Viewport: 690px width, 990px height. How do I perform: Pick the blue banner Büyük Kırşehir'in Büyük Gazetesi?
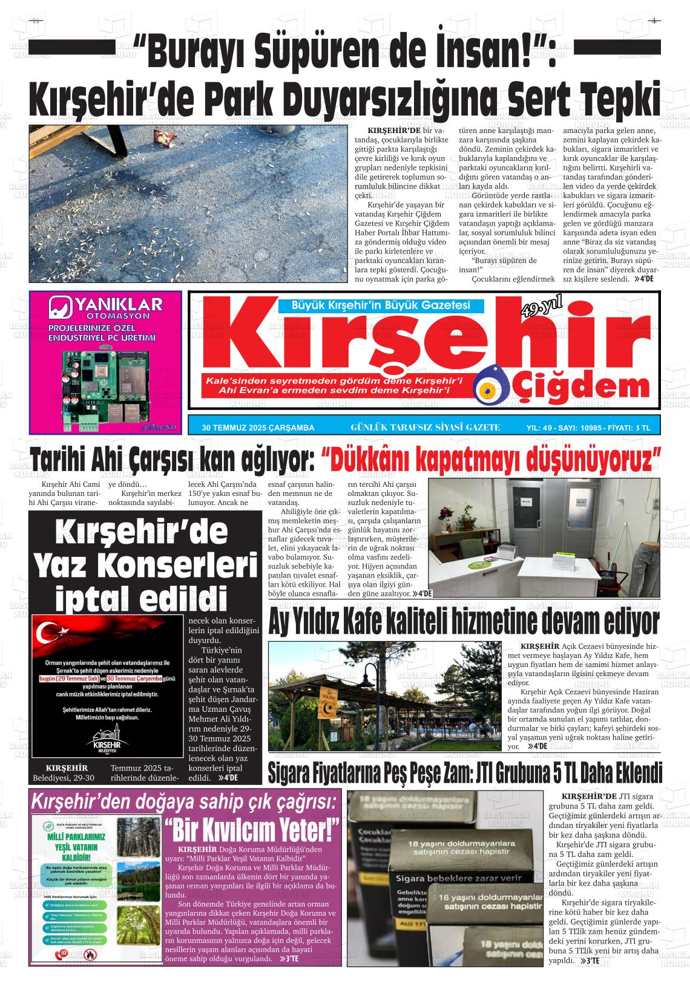coord(373,306)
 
